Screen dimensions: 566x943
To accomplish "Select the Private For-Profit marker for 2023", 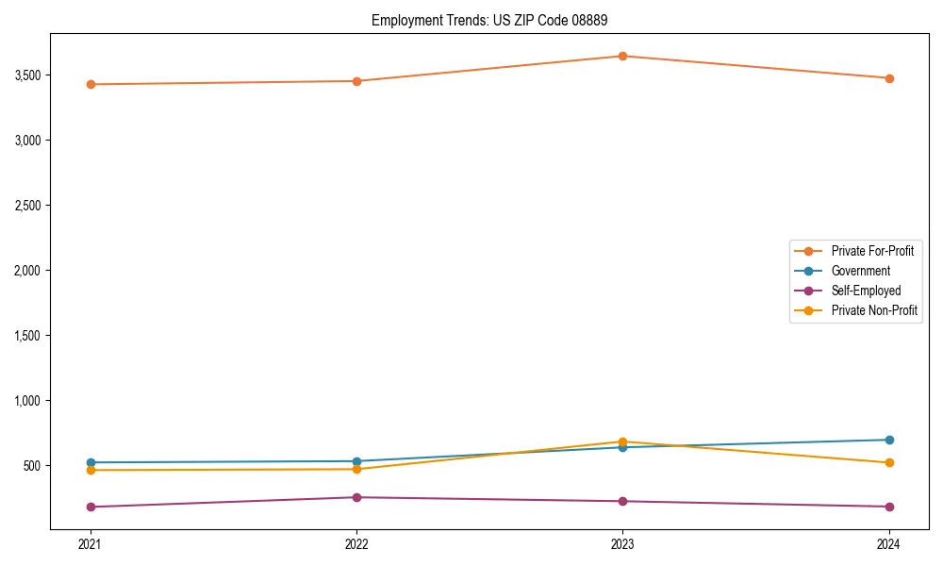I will click(x=622, y=56).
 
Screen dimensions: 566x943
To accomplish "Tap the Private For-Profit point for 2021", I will click(x=91, y=84).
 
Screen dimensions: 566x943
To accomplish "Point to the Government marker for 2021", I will click(x=91, y=462).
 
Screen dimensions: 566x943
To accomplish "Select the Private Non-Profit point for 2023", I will click(x=622, y=441).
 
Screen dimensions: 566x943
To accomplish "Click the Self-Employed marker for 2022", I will click(x=356, y=497).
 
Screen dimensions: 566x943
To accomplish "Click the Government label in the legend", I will click(x=860, y=271).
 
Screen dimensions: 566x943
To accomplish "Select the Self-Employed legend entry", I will click(x=866, y=291).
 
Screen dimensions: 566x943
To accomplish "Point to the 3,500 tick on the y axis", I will click(x=34, y=75).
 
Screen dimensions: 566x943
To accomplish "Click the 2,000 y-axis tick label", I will click(x=34, y=271).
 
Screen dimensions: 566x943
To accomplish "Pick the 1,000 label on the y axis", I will click(x=34, y=401).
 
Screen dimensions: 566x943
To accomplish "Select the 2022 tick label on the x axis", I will click(x=356, y=543).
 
